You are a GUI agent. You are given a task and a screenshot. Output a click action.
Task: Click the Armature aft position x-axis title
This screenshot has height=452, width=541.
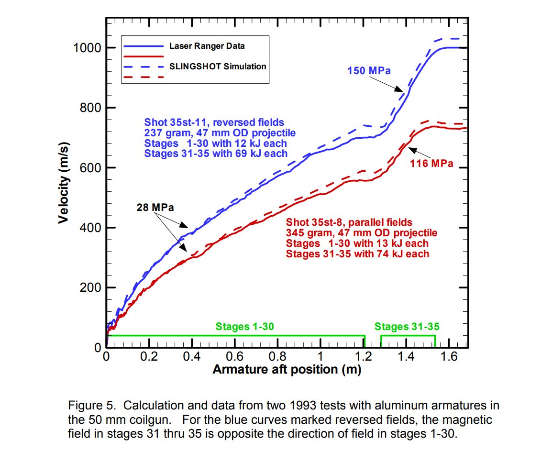point(286,369)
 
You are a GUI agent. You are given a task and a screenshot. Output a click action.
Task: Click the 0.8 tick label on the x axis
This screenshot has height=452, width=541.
point(277,356)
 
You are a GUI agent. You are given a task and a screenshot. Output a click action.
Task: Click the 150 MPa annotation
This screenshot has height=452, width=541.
point(369,71)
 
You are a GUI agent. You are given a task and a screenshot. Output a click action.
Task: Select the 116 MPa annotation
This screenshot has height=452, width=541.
point(431,164)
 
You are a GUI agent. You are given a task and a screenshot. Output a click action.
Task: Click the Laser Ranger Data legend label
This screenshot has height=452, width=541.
point(210,46)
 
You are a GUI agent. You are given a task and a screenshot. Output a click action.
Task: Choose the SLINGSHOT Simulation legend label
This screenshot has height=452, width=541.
point(218,66)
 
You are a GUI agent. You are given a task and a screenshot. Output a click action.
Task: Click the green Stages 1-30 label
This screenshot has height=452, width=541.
point(244,327)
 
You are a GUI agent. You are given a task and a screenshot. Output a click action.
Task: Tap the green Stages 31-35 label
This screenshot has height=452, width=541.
point(407,327)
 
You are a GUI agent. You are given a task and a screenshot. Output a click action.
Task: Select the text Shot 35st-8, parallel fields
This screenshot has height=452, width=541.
point(349,222)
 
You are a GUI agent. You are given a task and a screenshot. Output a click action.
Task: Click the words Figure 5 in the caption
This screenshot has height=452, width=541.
point(92,406)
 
